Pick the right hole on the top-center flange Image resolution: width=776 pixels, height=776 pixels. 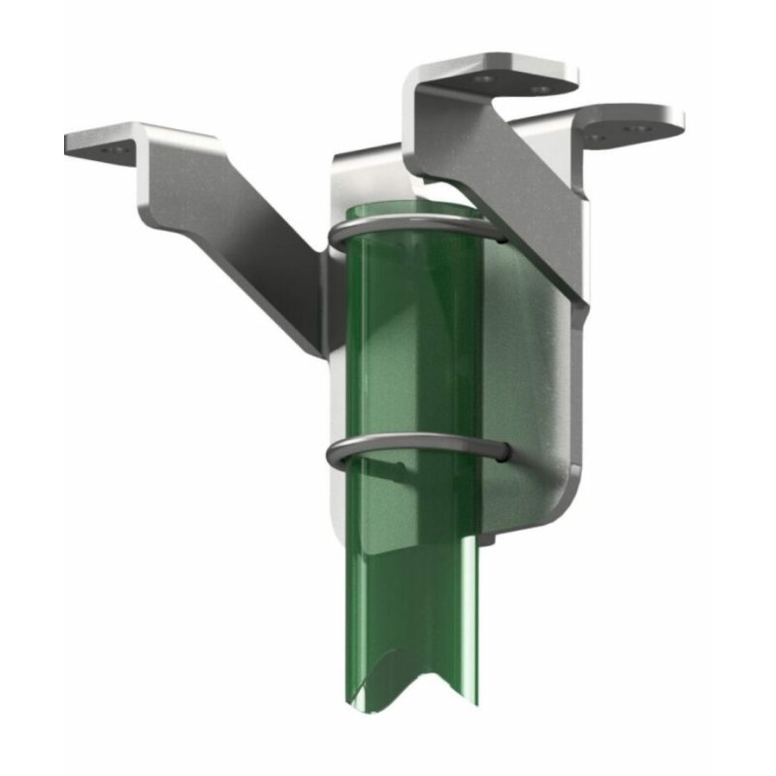540,88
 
